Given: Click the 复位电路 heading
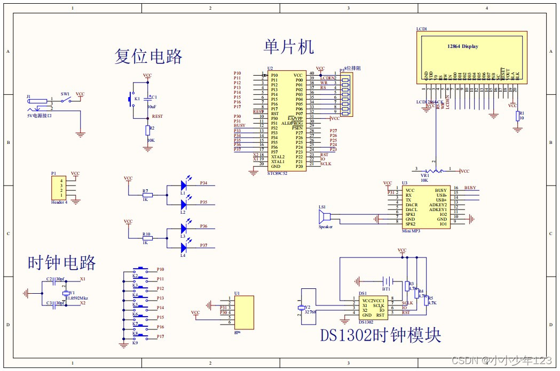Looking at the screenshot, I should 148,56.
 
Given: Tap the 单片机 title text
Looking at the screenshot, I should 289,46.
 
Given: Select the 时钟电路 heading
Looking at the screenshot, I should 62,262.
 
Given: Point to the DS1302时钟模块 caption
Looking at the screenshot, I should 381,335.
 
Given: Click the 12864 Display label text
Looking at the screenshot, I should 462,46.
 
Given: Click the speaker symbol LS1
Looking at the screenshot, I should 323,217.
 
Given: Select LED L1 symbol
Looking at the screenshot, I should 184,186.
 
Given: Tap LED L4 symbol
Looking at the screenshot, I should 184,247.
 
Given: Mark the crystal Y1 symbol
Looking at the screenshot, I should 66,293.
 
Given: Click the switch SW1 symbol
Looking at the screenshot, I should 66,100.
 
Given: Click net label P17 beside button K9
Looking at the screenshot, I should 160,336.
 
